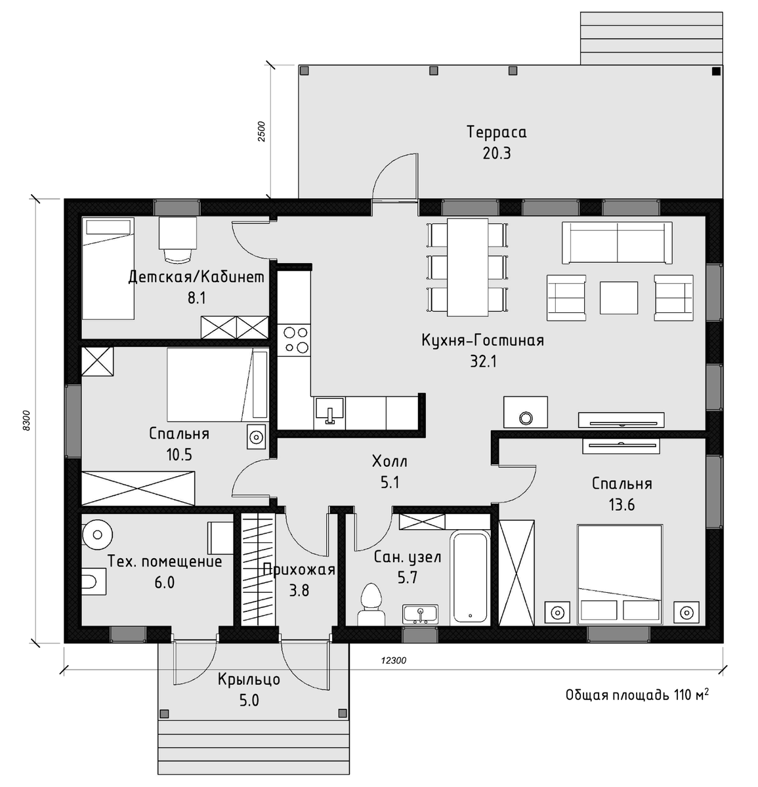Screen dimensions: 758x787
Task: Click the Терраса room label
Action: [x=497, y=132]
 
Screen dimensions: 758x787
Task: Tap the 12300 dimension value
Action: [x=393, y=661]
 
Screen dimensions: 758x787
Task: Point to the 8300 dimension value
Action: [x=26, y=420]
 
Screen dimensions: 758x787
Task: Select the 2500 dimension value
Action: [x=261, y=131]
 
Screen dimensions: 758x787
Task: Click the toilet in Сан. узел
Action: [x=371, y=605]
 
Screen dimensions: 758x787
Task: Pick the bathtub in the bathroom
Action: [x=470, y=578]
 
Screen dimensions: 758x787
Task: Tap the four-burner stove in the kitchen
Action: [x=294, y=340]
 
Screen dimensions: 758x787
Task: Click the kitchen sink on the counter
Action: [x=329, y=412]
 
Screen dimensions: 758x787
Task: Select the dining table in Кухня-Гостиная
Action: [x=467, y=267]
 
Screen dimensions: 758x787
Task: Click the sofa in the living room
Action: [x=617, y=243]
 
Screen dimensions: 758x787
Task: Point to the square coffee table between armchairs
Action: [x=619, y=298]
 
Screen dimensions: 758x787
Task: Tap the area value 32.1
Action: [x=483, y=361]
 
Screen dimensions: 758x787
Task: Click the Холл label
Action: [x=389, y=462]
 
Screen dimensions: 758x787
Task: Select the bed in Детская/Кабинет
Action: [x=108, y=268]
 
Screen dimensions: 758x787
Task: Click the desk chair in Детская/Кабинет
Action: [x=178, y=254]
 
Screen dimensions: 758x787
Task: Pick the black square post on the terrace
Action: [x=716, y=71]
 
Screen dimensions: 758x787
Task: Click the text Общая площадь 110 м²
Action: [x=637, y=695]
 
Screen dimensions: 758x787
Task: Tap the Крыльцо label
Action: [x=249, y=679]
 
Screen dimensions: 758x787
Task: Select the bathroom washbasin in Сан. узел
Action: [x=420, y=614]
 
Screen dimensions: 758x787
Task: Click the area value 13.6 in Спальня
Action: [x=621, y=505]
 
